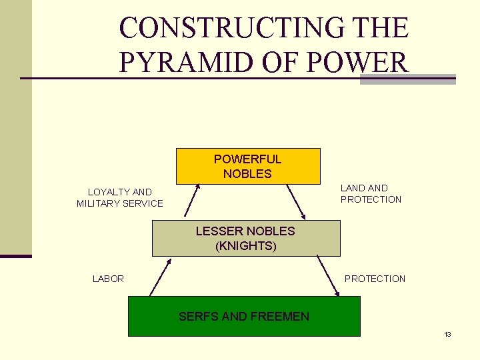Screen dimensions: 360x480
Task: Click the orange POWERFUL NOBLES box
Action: coord(247,166)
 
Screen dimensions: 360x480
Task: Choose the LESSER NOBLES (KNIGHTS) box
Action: coord(245,238)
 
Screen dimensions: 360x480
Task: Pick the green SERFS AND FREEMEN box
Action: coord(244,316)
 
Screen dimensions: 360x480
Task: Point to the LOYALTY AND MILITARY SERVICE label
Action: coord(120,197)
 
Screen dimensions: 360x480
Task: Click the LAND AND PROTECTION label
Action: coord(371,193)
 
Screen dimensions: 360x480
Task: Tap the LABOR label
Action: coord(108,279)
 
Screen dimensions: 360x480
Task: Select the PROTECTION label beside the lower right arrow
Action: coord(375,279)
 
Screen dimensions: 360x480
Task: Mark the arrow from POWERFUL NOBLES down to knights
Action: coord(296,201)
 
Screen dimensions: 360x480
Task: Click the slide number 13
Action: coord(447,334)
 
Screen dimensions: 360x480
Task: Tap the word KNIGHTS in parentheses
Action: coord(245,245)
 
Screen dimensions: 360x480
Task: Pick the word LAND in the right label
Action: coord(352,188)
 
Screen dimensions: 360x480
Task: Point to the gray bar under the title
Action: coord(407,79)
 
